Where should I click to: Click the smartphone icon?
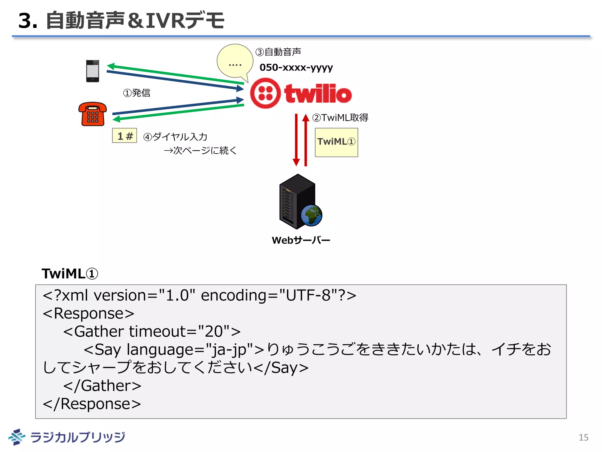pos(92,71)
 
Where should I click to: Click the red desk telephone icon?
pos(92,114)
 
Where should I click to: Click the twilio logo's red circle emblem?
pos(265,93)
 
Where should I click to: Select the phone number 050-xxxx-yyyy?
pos(296,68)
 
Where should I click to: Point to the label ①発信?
pos(137,93)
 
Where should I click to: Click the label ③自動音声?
pos(278,52)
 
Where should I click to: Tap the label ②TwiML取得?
pos(340,118)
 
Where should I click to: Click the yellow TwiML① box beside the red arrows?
pos(336,142)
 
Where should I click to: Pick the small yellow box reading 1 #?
pos(125,136)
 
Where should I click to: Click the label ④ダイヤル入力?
pos(175,137)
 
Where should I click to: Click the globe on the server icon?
pos(312,215)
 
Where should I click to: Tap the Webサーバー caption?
pos(301,240)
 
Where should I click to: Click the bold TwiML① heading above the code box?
pos(70,274)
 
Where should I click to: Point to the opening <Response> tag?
pos(88,313)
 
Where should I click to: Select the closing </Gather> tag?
pos(102,386)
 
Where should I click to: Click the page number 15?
pos(583,438)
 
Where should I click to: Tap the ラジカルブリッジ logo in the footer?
pos(67,437)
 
